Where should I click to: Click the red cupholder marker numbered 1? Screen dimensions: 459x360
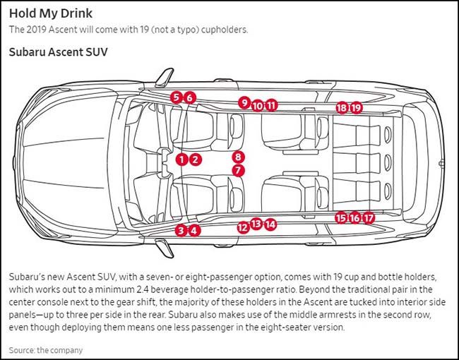pos(181,160)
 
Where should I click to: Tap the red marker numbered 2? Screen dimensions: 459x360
pos(195,160)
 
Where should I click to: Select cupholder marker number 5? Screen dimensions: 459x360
pos(176,97)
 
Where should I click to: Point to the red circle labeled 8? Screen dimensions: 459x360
pos(238,157)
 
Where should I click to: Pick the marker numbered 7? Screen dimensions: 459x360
pos(238,170)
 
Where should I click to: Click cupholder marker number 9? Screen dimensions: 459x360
pos(244,102)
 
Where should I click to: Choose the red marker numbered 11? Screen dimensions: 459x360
pos(271,105)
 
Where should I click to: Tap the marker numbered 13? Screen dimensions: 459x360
pos(256,224)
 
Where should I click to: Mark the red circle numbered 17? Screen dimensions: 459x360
pos(368,218)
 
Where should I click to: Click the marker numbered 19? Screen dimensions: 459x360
pos(356,108)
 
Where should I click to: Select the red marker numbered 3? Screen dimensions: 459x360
pos(181,230)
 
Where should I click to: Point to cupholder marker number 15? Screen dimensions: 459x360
pos(341,217)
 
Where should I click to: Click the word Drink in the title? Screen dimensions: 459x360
pos(77,13)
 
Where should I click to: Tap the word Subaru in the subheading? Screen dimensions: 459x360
pos(27,52)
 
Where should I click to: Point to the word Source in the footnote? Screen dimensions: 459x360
pos(21,350)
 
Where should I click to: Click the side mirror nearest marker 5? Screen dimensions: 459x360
pos(165,77)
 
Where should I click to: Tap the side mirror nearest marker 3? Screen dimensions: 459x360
pos(165,248)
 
